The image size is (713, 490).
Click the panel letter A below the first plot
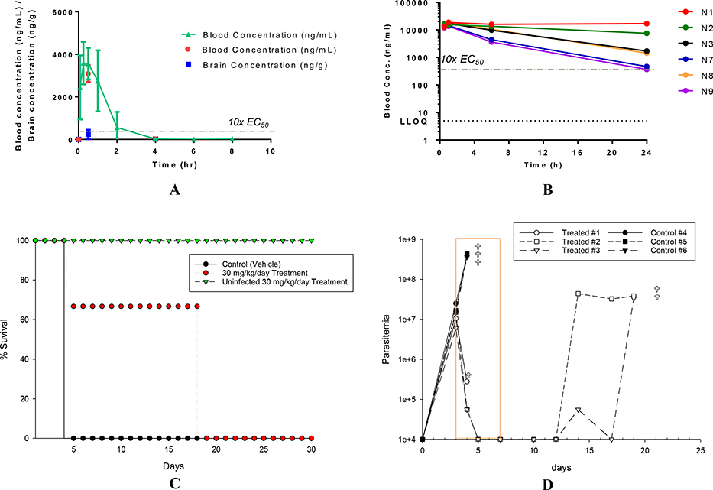[175, 190]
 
